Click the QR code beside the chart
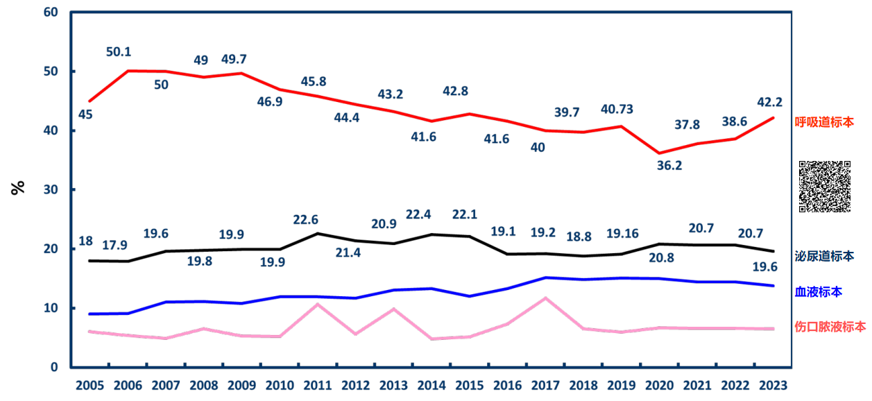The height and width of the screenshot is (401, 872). tap(825, 187)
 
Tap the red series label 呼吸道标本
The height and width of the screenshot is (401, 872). tap(824, 122)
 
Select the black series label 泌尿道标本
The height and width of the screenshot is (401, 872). tap(824, 256)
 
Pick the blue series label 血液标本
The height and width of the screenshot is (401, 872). tap(819, 292)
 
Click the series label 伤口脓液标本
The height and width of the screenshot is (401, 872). tap(830, 326)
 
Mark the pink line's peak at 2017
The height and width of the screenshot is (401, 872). tap(546, 298)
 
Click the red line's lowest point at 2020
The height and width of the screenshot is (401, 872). tap(659, 153)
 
